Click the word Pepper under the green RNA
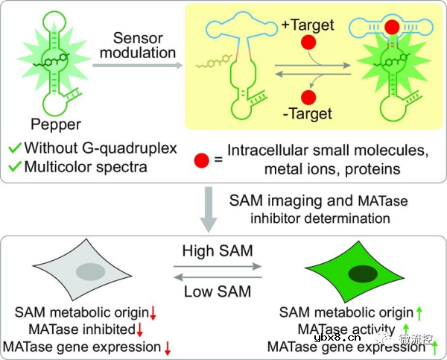click(x=51, y=122)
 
